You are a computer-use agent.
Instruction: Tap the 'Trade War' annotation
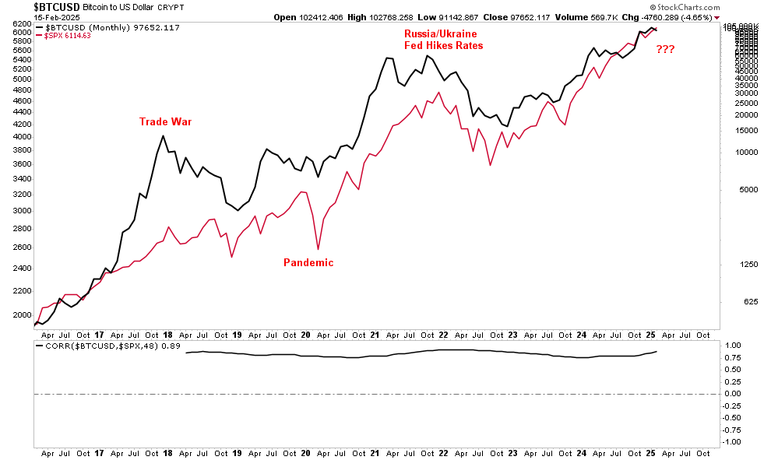coord(165,122)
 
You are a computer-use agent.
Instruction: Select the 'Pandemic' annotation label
coord(308,263)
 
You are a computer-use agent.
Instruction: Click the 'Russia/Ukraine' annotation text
coord(440,34)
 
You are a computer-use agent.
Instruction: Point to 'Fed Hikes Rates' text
coord(443,46)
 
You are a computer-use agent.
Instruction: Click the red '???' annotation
coord(665,50)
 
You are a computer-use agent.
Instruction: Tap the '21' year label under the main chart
coord(375,334)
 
